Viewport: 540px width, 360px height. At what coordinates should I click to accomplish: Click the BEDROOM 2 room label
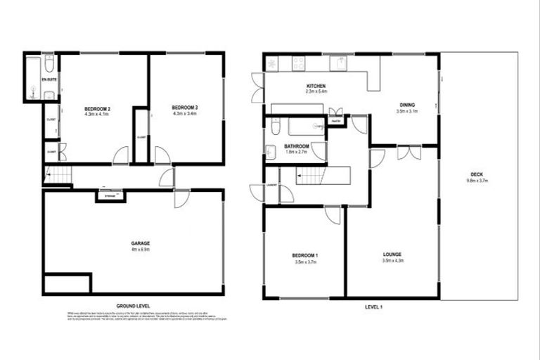98,108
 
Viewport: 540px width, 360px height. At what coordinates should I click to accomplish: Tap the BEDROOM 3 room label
186,108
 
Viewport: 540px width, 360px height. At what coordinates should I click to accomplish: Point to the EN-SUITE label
49,80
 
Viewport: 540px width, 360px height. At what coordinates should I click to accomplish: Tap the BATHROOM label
297,146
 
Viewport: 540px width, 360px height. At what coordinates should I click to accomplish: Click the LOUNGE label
393,254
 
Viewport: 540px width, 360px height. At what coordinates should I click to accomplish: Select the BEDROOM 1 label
304,255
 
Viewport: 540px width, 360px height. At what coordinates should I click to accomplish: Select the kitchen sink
339,63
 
